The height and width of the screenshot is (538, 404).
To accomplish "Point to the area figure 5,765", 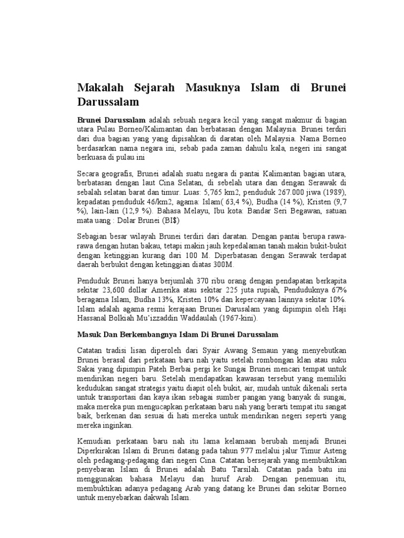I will coord(196,193).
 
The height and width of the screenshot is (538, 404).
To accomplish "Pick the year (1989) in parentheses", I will coord(336,193).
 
